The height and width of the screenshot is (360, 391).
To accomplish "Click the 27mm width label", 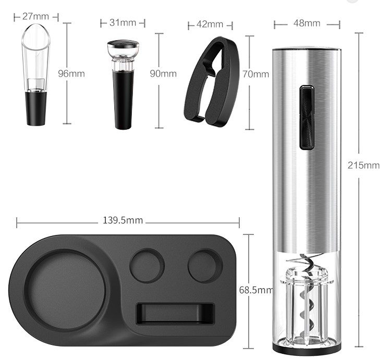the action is (35, 17).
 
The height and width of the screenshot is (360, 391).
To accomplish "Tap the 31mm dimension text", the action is (123, 23).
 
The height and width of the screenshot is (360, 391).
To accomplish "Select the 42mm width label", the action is (210, 24).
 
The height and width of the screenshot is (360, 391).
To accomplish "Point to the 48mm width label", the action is (307, 23).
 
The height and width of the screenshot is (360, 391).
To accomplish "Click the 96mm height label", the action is (71, 74).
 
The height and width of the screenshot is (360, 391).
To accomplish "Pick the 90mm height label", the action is (163, 74).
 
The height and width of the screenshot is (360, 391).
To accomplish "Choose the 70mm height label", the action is (255, 75).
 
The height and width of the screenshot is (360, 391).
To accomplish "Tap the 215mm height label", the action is (363, 166).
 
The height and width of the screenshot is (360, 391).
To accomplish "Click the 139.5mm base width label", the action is (123, 220).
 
